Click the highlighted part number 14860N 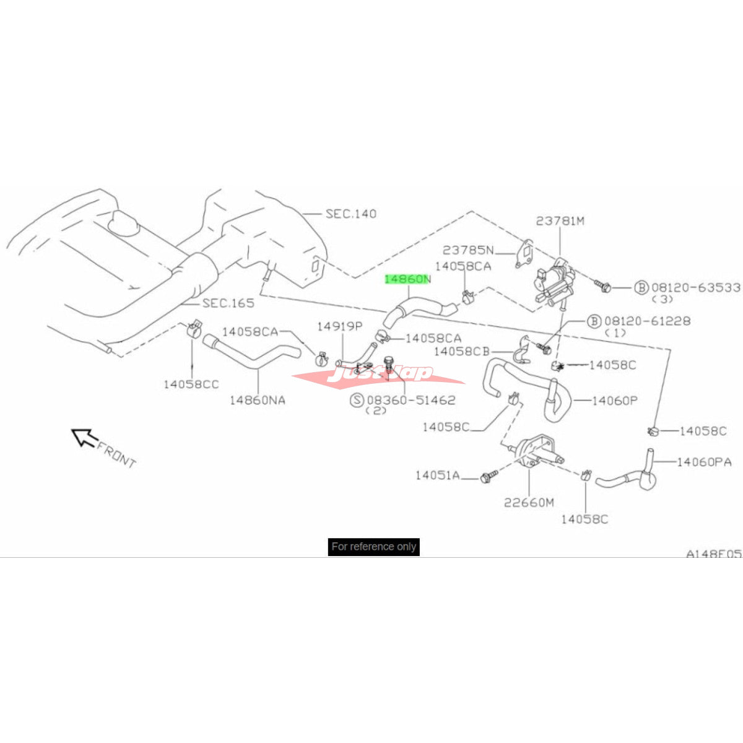coord(407,279)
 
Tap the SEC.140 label coord(350,214)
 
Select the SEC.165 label coord(228,303)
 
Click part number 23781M coord(560,220)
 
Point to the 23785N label coord(468,250)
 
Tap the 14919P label coord(339,326)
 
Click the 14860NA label coord(258,400)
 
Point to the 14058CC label coord(191,385)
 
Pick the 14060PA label coord(704,462)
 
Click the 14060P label coord(614,401)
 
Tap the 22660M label coord(529,502)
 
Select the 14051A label coord(437,476)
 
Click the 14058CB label coord(461,352)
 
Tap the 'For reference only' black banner coord(373,547)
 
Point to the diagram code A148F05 coord(713,554)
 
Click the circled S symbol coord(357,400)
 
